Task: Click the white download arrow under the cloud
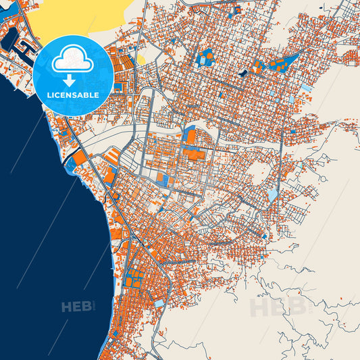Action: [73, 80]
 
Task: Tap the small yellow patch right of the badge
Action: [142, 59]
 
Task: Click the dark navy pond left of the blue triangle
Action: [242, 71]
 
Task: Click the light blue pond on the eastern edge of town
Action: [272, 195]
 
